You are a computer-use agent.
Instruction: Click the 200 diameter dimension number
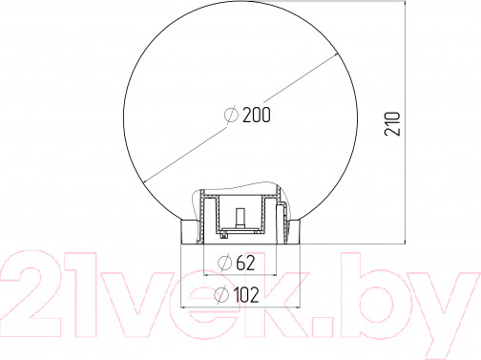pyautogui.click(x=257, y=115)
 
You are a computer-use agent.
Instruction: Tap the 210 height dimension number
pyautogui.click(x=392, y=124)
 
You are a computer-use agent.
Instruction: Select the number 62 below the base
pyautogui.click(x=245, y=263)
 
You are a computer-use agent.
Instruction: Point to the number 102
pyautogui.click(x=246, y=294)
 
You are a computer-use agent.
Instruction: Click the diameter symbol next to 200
pyautogui.click(x=231, y=115)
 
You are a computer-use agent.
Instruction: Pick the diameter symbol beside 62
pyautogui.click(x=224, y=263)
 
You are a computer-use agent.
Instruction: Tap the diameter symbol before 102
pyautogui.click(x=221, y=294)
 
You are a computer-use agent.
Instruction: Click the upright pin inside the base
pyautogui.click(x=240, y=218)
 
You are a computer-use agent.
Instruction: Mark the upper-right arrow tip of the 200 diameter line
pyautogui.click(x=337, y=54)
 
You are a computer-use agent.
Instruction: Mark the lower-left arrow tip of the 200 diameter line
pyautogui.click(x=144, y=182)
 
